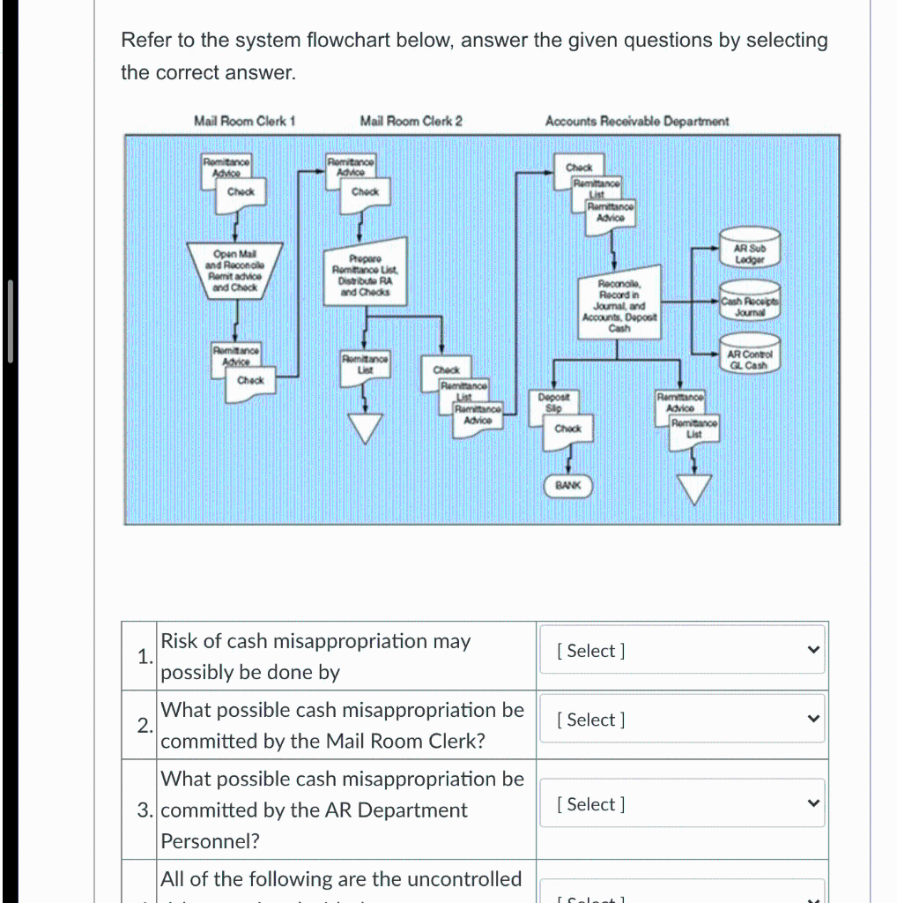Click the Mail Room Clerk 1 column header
click(x=244, y=121)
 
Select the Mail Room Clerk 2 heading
click(x=411, y=121)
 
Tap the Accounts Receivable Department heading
click(x=636, y=121)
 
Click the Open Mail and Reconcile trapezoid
click(x=234, y=268)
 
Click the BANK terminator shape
click(x=568, y=485)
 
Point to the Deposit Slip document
click(x=554, y=403)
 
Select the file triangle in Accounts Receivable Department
click(x=695, y=488)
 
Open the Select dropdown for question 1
click(x=682, y=651)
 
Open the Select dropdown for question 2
click(x=682, y=720)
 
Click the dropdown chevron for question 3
click(x=813, y=803)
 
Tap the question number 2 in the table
click(x=143, y=726)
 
